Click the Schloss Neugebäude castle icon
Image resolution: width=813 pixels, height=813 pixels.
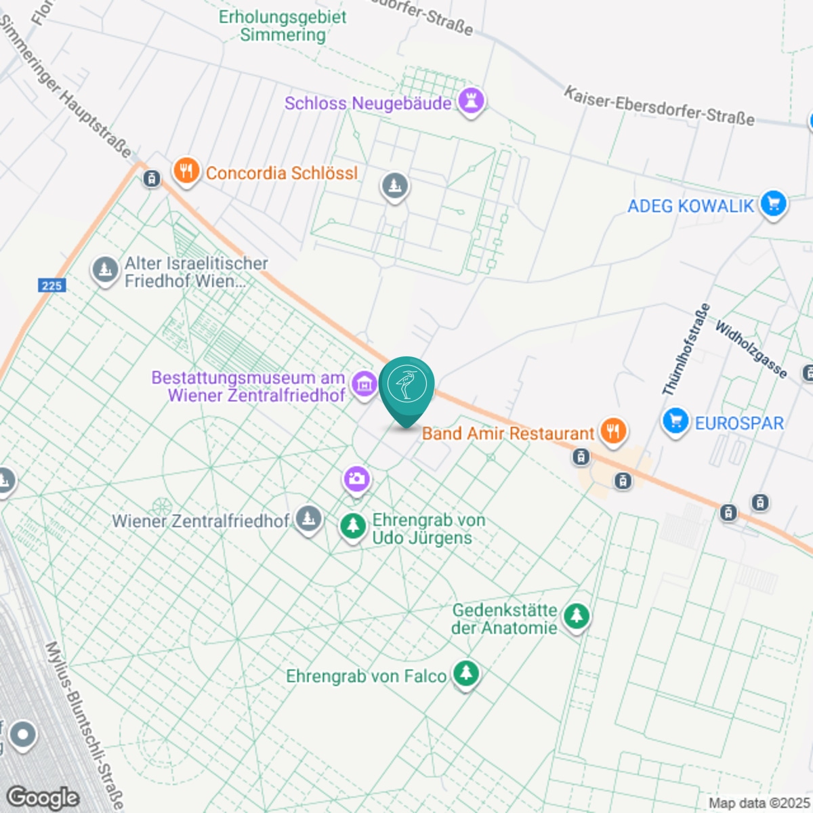[x=471, y=102]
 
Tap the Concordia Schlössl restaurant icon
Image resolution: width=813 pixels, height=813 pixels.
[x=186, y=171]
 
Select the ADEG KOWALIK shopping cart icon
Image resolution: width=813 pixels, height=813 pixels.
[x=772, y=203]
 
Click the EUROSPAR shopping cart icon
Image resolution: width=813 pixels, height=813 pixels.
[x=675, y=421]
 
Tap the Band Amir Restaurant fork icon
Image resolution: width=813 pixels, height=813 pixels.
[x=613, y=430]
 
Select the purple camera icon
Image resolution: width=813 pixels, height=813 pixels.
[x=356, y=479]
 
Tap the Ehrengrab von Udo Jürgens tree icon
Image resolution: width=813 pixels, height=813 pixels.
[x=352, y=526]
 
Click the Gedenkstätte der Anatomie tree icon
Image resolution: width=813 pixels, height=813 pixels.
[x=576, y=617]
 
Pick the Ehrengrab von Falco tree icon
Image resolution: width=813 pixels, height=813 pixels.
[x=465, y=673]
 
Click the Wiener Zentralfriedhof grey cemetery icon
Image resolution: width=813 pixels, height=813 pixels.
[x=309, y=519]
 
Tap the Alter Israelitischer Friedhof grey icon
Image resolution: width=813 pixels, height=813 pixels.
[x=104, y=270]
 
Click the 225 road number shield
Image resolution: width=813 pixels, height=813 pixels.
[x=51, y=285]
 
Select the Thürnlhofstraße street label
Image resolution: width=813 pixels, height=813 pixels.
[x=686, y=350]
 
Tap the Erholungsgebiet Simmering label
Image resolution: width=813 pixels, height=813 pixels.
[x=283, y=26]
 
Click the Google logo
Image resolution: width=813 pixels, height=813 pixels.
[x=42, y=797]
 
